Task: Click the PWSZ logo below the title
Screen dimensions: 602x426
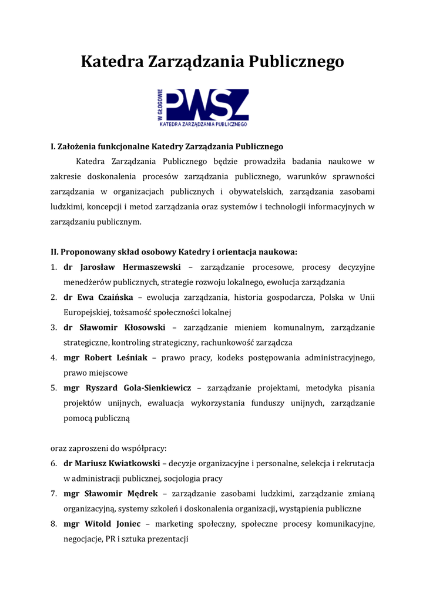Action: (202, 108)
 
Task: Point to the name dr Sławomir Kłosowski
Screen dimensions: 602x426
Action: (115, 327)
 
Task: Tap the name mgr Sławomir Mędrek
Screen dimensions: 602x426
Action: (111, 494)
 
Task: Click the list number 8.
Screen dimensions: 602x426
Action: (53, 524)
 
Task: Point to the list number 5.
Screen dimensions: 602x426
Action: (53, 388)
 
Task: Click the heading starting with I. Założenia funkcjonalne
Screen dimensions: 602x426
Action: (167, 146)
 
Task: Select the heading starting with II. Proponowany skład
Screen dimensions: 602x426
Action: (174, 252)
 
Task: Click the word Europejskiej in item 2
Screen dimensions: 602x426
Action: (87, 312)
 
